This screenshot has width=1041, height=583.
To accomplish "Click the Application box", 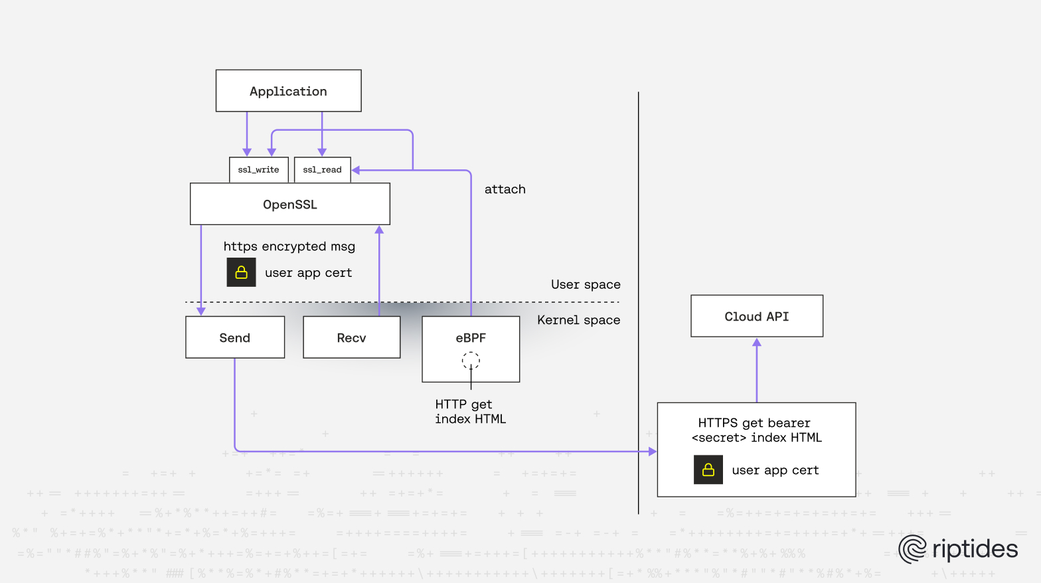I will pyautogui.click(x=288, y=91).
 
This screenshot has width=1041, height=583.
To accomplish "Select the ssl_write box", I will pyautogui.click(x=258, y=170).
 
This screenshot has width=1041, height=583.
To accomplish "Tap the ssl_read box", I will pyautogui.click(x=322, y=170).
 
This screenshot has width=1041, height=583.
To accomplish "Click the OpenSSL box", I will pyautogui.click(x=289, y=205).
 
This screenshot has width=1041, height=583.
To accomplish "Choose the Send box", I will pyautogui.click(x=235, y=337).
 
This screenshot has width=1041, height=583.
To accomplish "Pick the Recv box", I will pyautogui.click(x=351, y=337).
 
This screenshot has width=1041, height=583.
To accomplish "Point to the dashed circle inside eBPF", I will pyautogui.click(x=471, y=361).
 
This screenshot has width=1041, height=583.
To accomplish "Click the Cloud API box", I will pyautogui.click(x=756, y=316).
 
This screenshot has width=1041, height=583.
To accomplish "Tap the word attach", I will pyautogui.click(x=505, y=189).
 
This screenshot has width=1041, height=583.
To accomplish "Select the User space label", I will pyautogui.click(x=586, y=284).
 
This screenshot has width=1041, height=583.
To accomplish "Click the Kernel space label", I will pyautogui.click(x=578, y=320).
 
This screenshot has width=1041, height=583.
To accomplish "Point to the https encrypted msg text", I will pyautogui.click(x=289, y=246).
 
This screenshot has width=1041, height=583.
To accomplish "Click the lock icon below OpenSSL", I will pyautogui.click(x=241, y=272).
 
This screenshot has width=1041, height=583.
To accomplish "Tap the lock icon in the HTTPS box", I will pyautogui.click(x=708, y=469).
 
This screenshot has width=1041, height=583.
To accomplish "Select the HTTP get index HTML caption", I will pyautogui.click(x=470, y=412).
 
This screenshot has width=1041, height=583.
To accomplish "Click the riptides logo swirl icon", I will pyautogui.click(x=912, y=549).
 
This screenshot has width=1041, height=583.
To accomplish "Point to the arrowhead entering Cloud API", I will pyautogui.click(x=756, y=343).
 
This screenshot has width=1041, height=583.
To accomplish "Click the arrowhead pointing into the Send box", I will pyautogui.click(x=201, y=311).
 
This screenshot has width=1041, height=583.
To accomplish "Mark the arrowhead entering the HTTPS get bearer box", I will pyautogui.click(x=652, y=452).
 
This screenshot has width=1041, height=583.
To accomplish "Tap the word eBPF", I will pyautogui.click(x=471, y=338).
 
